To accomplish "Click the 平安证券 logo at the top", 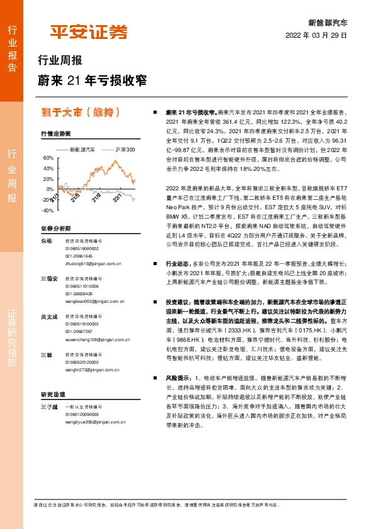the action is (x=89, y=33).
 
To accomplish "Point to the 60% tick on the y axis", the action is (x=48, y=158).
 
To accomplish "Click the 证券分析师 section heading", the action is (x=56, y=228).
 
